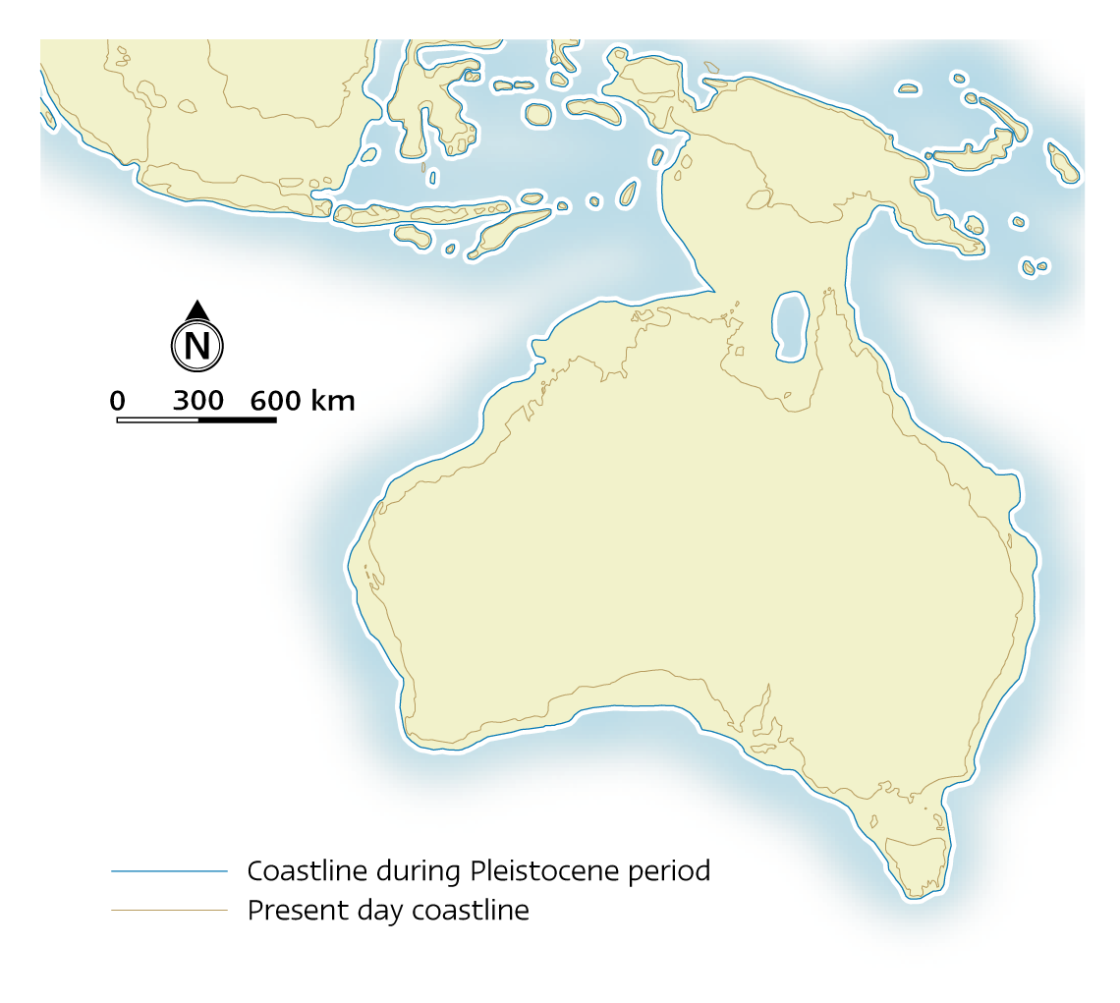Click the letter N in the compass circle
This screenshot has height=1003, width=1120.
[197, 346]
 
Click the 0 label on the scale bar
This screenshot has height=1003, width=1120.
[117, 401]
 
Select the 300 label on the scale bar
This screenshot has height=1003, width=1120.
[197, 401]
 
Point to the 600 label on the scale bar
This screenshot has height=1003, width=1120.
[275, 401]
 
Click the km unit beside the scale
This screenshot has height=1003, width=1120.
[333, 401]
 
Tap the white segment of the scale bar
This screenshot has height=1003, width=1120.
[157, 419]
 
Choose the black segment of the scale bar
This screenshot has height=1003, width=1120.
[237, 419]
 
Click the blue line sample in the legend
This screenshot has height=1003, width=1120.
[169, 871]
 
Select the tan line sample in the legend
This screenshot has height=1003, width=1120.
[169, 911]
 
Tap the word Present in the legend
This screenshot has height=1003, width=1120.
[291, 911]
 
